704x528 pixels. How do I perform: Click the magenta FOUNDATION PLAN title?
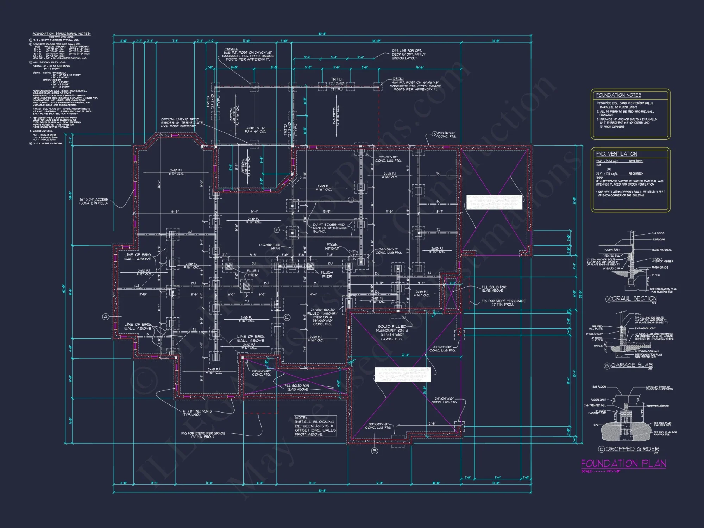point(623,463)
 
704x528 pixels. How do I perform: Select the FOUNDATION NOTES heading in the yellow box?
point(618,95)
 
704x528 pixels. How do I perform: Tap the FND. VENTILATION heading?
point(616,154)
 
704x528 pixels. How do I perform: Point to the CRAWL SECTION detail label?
point(634,298)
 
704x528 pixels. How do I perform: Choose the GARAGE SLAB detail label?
point(632,365)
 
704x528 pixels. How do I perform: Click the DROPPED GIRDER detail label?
point(632,449)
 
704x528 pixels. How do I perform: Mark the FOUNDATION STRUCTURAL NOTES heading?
point(62,34)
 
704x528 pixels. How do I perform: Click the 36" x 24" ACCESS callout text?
point(94,201)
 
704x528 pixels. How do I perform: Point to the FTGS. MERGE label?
point(332,246)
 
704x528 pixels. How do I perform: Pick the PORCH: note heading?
point(231,49)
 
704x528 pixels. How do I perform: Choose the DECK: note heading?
point(398,79)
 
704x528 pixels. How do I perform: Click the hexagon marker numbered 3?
point(435,134)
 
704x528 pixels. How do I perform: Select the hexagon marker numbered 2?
point(277,230)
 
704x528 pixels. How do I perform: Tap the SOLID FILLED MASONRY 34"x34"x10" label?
point(392,333)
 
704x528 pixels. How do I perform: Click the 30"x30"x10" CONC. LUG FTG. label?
point(378,426)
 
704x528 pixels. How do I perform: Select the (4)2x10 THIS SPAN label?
point(270,246)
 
